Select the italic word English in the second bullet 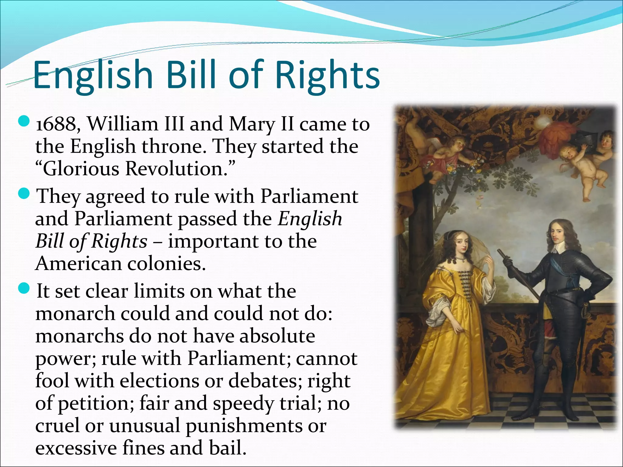(x=310, y=219)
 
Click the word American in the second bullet (x=78, y=264)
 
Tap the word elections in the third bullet (x=159, y=381)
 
